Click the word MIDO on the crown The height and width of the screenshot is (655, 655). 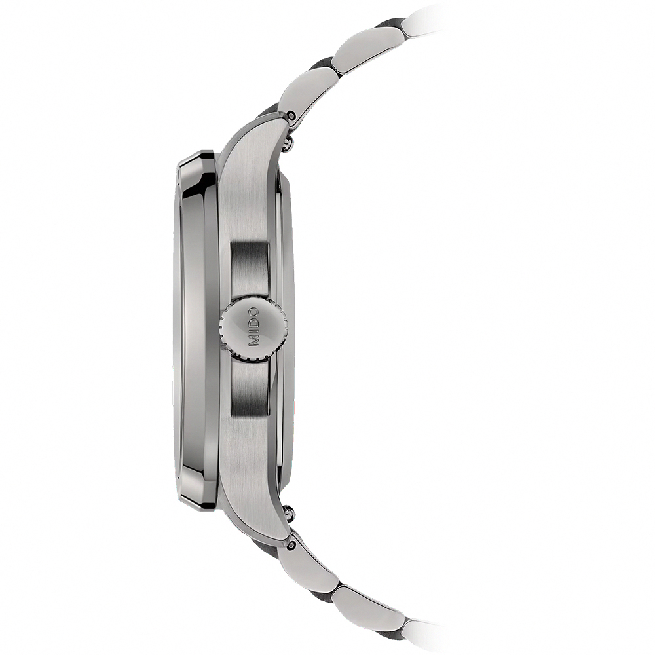click(253, 327)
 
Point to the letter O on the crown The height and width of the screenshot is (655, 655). click(253, 312)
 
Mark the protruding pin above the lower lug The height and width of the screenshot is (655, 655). click(288, 510)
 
